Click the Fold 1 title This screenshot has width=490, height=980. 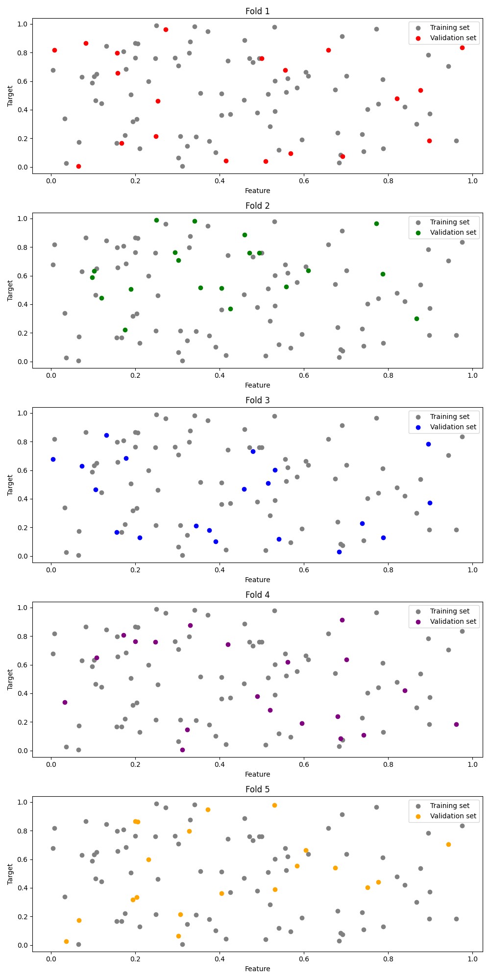coord(257,11)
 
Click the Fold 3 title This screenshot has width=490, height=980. coord(257,400)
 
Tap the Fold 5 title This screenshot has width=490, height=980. coord(257,789)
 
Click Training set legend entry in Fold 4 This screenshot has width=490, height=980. coord(449,611)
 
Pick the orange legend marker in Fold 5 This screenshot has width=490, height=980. coord(418,816)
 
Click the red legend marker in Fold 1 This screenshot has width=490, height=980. coord(418,38)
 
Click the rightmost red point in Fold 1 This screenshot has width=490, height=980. coord(462,48)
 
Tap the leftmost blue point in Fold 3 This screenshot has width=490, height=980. coord(53,459)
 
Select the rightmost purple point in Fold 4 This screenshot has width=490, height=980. coord(456,724)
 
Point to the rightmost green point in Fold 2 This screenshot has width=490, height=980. coord(416,318)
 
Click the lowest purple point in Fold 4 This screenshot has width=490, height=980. coord(182,750)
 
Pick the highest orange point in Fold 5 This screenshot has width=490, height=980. coord(274,805)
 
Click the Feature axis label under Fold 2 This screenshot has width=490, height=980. coord(257,385)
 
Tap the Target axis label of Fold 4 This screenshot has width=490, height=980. coord(10,679)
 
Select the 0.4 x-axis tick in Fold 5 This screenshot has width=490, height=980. coord(220,959)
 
